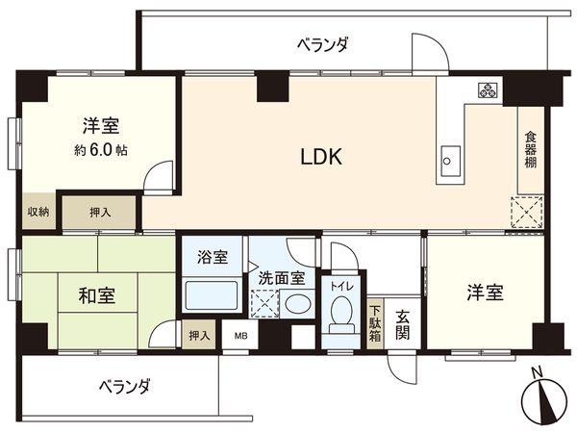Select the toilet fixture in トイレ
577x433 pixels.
(339, 314)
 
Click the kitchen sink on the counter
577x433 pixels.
(449, 159)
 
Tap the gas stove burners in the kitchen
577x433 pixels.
(487, 92)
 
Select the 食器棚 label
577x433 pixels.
(530, 150)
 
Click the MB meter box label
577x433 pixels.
(238, 336)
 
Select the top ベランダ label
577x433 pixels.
(321, 44)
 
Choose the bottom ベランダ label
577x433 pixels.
(126, 387)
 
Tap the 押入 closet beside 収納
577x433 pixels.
(100, 212)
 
